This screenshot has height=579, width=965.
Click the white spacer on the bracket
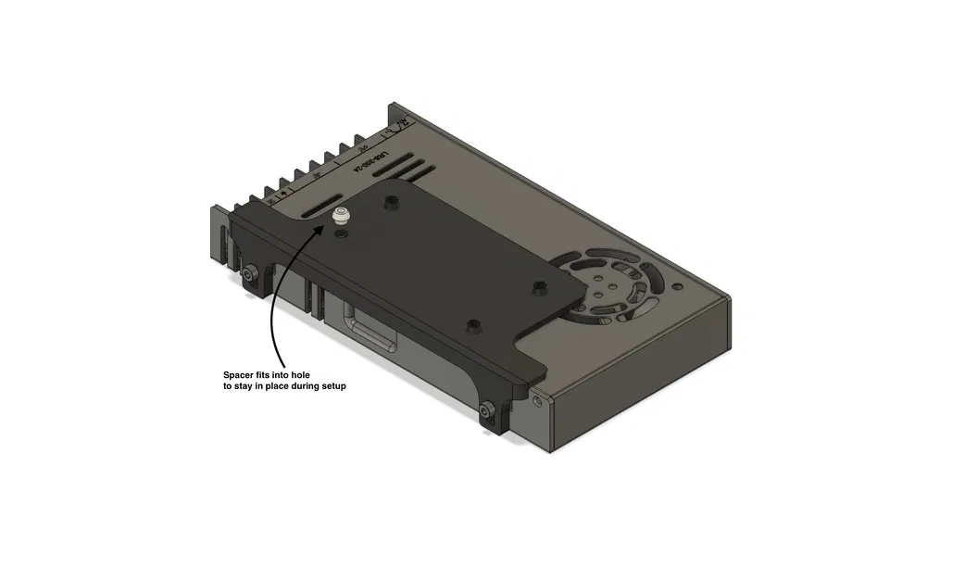342,218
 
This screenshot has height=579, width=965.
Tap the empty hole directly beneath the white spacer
344,237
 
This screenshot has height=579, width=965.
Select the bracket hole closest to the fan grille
537,286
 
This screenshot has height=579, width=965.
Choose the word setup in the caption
331,386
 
